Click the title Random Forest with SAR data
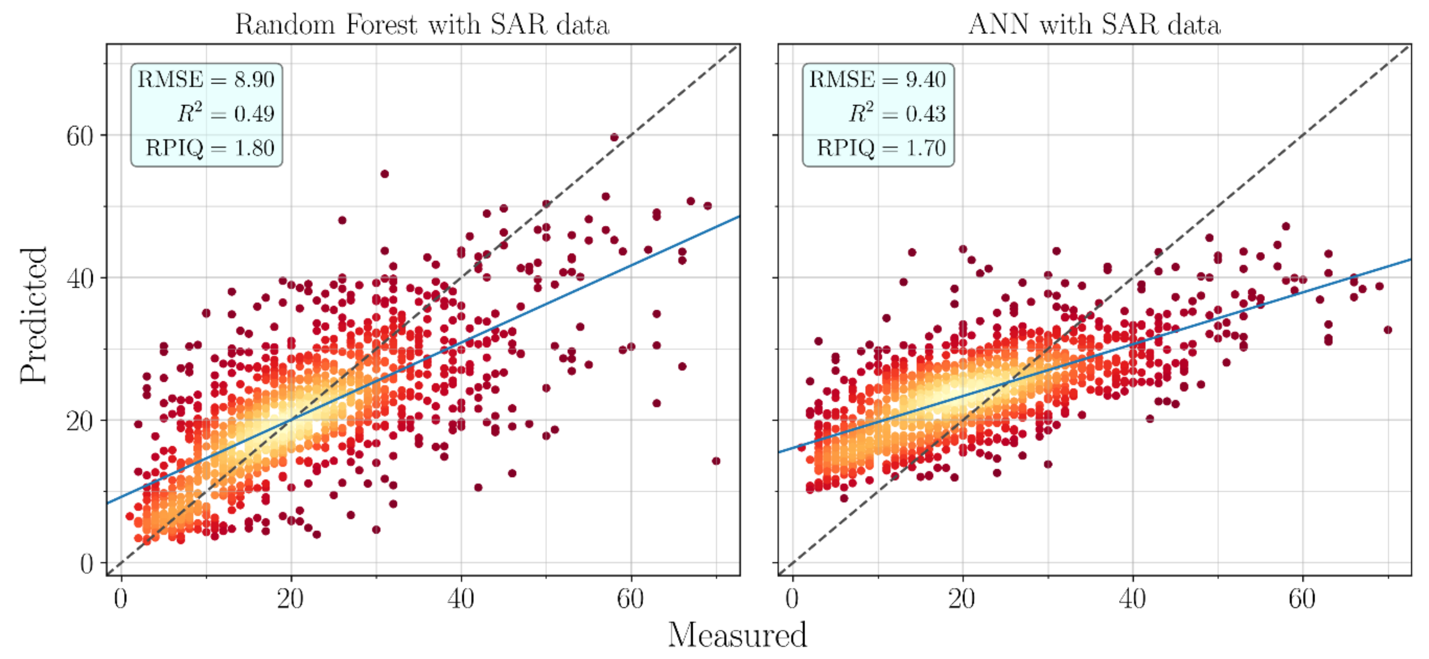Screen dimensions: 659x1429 [x=422, y=25]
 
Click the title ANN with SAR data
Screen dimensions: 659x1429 [x=1094, y=25]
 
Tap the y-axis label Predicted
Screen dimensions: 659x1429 [x=33, y=315]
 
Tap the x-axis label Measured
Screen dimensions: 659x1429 [x=737, y=634]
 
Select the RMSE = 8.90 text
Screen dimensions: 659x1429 [x=206, y=80]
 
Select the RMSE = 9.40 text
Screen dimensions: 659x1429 [x=878, y=80]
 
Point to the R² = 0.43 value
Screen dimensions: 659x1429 [x=897, y=114]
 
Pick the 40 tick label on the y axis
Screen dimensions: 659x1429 [x=80, y=278]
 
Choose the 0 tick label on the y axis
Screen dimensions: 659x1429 [x=86, y=564]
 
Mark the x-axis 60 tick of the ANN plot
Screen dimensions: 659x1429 [x=1301, y=599]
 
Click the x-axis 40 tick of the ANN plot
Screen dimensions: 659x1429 [x=1132, y=599]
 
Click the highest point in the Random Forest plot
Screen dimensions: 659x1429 [x=614, y=137]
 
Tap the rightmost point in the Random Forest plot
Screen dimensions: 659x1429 [x=716, y=461]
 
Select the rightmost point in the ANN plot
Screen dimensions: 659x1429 [x=1388, y=330]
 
